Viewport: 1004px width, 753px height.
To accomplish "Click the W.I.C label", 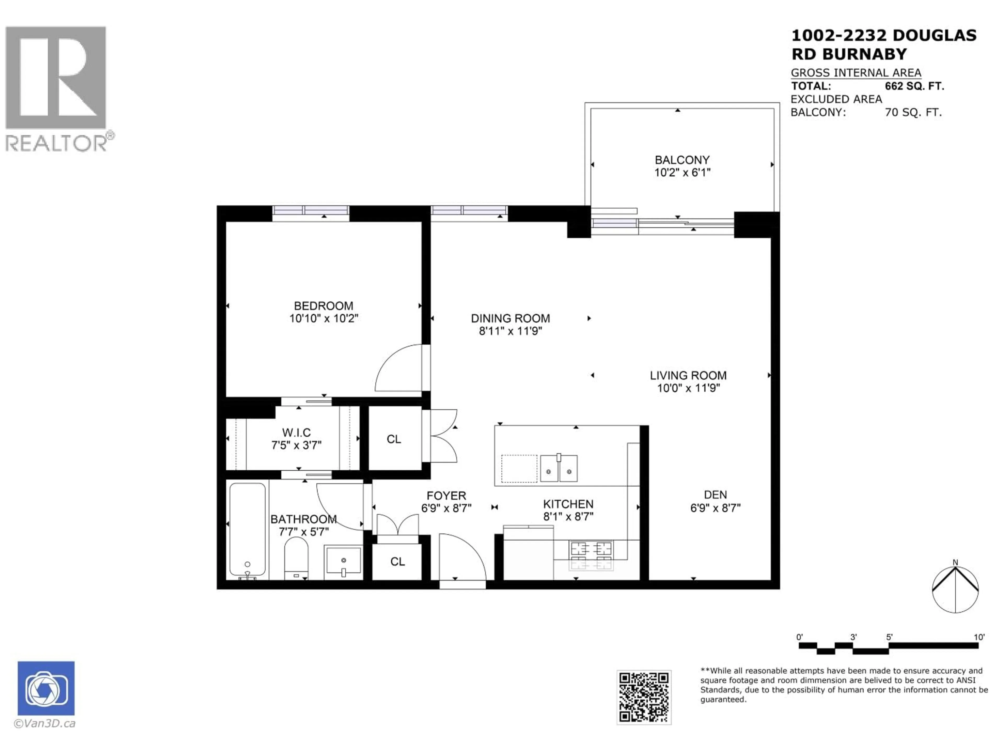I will click(x=296, y=432).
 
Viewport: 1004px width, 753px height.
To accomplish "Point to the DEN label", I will click(x=715, y=495).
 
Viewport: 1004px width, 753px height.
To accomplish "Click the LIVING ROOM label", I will click(x=688, y=375).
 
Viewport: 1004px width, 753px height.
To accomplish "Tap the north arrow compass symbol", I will click(x=955, y=589).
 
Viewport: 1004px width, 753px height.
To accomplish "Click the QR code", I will click(x=644, y=697).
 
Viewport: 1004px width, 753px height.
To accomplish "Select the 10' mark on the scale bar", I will click(x=979, y=637).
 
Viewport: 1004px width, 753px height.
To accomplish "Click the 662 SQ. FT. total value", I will click(x=914, y=86).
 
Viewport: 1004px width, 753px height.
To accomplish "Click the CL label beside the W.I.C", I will click(x=393, y=439).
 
